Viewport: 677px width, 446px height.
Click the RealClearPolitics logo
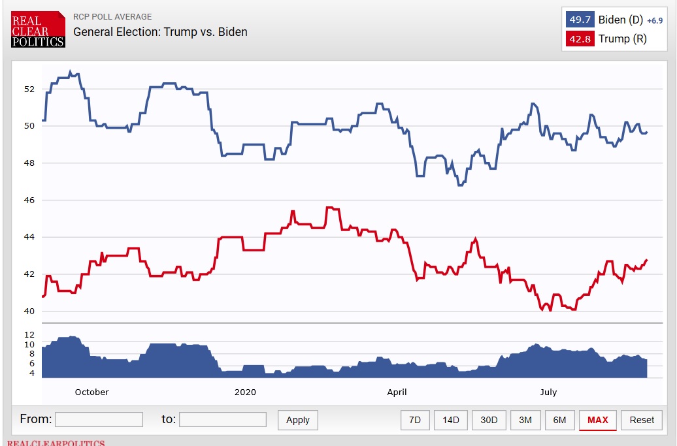[38, 29]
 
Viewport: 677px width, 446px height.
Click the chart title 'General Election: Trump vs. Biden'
[160, 31]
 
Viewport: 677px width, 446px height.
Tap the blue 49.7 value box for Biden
[580, 20]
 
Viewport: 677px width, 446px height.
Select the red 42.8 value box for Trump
[580, 39]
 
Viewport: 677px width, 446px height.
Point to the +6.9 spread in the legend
[655, 21]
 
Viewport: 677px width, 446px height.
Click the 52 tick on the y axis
[29, 89]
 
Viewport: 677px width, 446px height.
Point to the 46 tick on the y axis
[29, 200]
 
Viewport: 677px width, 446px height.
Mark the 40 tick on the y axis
[29, 311]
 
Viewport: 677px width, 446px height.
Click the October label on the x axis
[92, 392]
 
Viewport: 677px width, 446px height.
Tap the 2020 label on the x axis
[245, 392]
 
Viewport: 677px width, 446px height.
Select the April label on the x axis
[397, 392]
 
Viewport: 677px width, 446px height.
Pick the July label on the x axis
[548, 392]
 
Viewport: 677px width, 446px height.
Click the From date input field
[99, 419]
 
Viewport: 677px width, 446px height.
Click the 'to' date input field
[222, 419]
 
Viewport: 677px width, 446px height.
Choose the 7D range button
[415, 420]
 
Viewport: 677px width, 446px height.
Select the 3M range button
[525, 420]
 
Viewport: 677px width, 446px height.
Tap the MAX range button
[598, 420]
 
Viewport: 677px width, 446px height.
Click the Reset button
[642, 420]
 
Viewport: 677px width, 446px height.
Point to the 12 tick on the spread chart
[29, 334]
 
